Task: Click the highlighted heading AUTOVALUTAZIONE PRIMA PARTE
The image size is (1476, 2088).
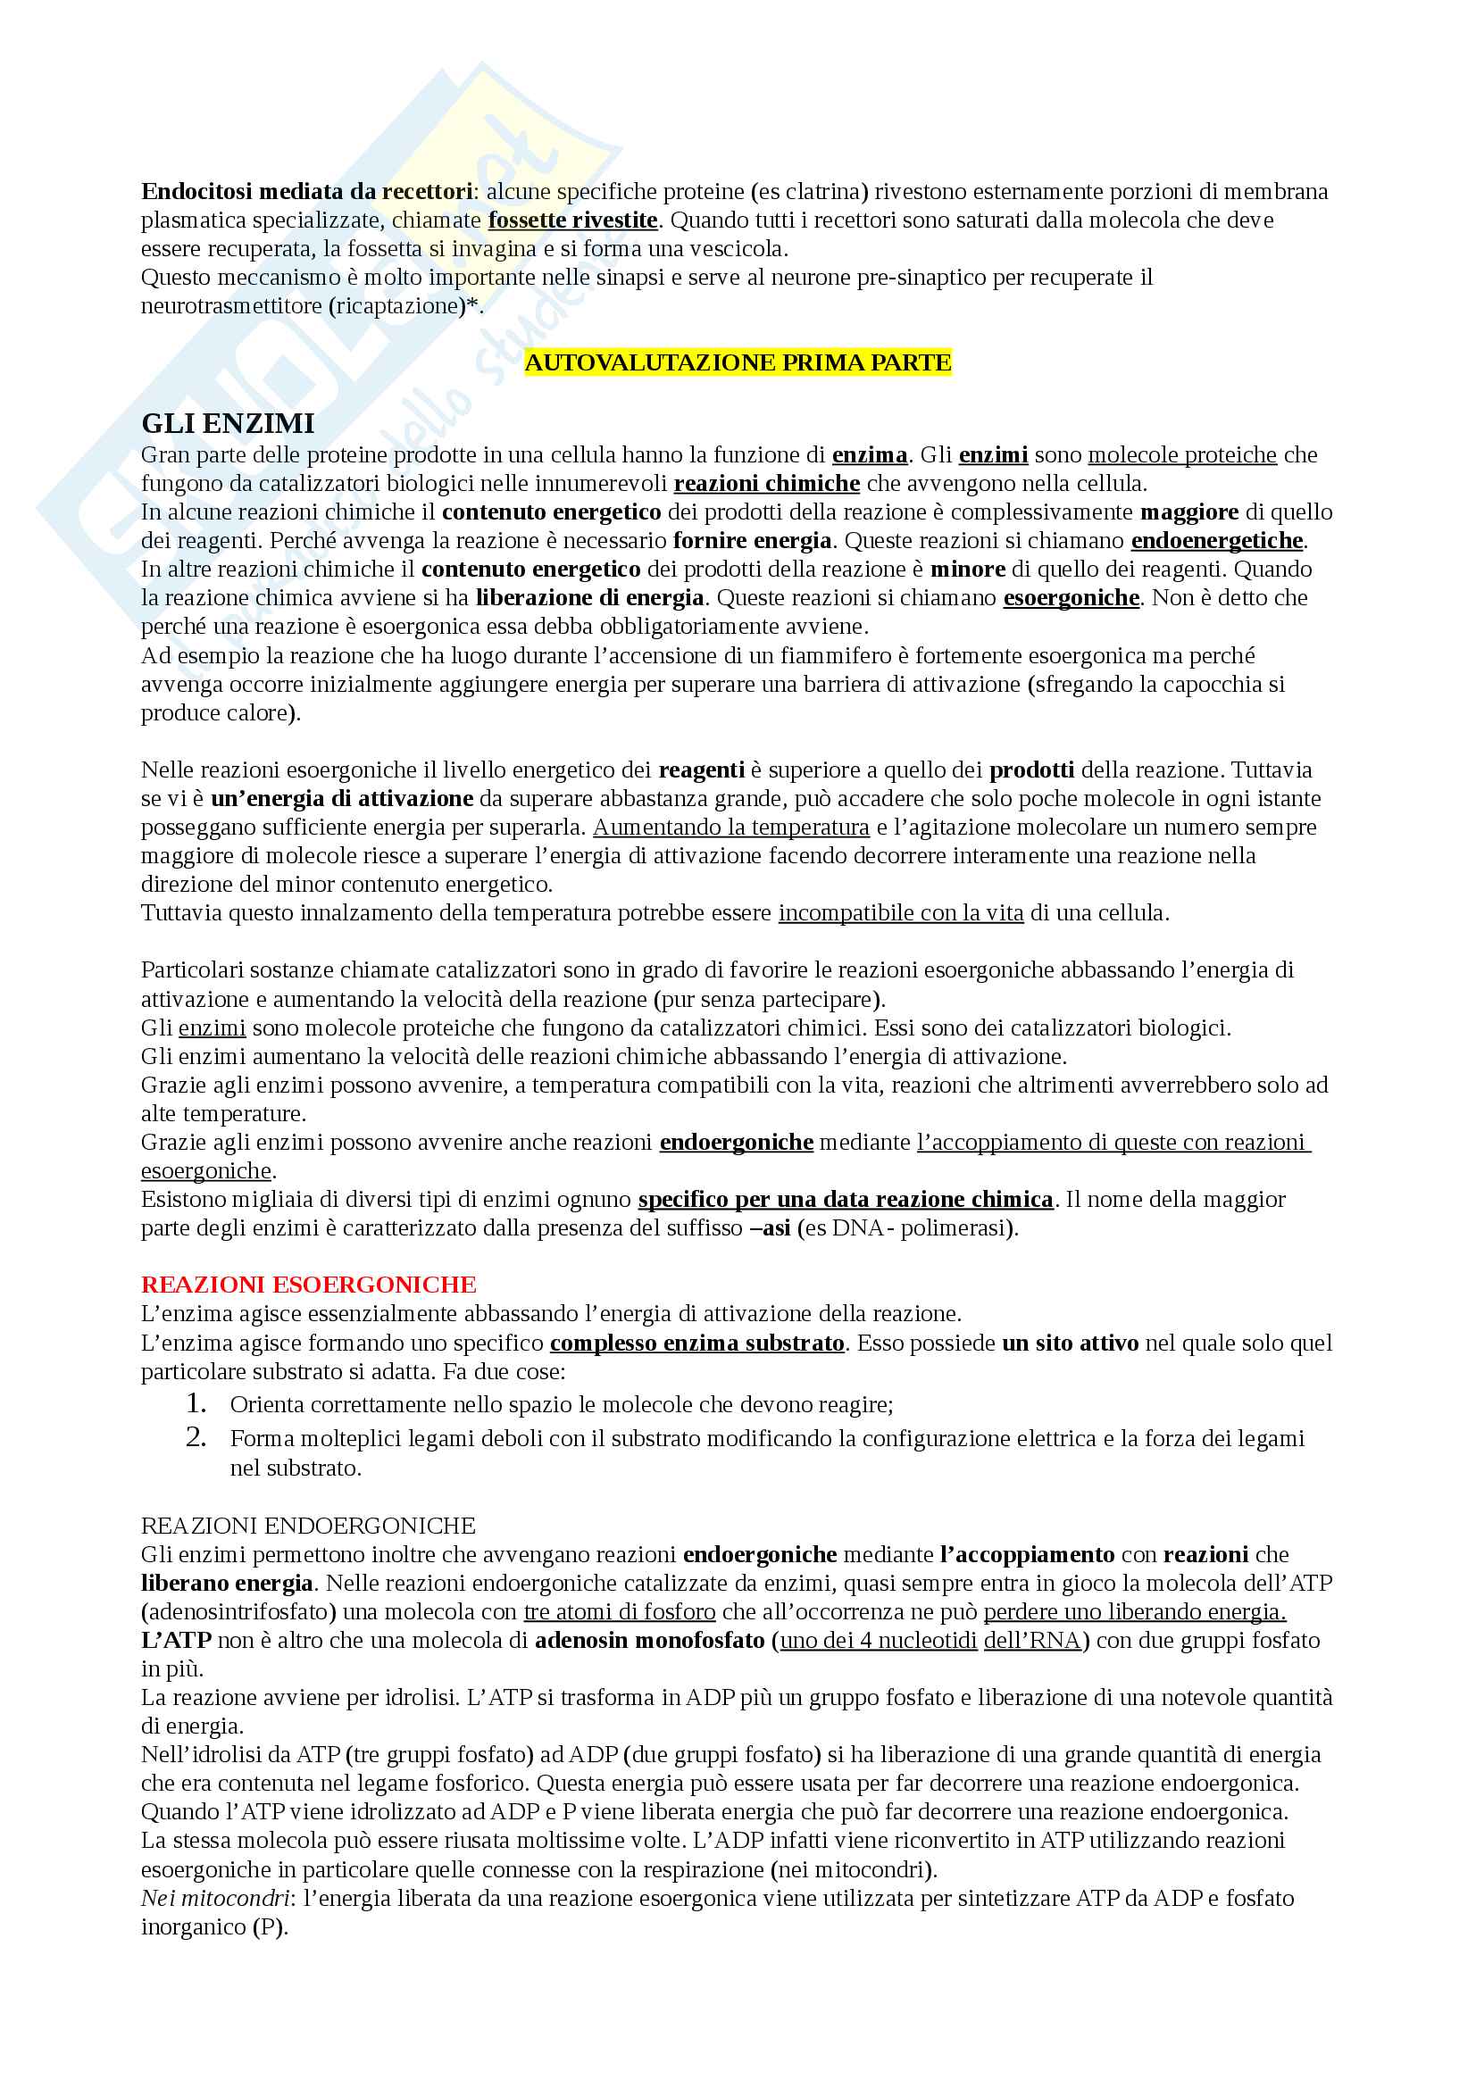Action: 738,362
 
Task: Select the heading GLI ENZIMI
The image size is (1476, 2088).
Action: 228,424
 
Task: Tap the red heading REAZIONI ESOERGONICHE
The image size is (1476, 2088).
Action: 308,1284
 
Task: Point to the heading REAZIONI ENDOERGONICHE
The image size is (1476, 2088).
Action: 308,1525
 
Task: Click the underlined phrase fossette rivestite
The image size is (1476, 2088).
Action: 573,220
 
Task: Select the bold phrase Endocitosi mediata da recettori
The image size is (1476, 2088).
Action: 306,192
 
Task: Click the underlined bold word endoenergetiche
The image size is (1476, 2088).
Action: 1217,541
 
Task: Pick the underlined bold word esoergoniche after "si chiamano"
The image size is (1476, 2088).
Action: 1071,597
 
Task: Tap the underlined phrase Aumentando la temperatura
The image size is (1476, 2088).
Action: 731,827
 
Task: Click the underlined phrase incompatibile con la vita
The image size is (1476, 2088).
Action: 900,912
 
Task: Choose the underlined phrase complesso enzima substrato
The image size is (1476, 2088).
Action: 696,1343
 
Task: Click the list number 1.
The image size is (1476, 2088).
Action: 196,1403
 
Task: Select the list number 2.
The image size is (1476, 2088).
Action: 196,1437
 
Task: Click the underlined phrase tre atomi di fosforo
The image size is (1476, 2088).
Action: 620,1611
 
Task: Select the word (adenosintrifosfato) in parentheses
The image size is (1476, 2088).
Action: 239,1611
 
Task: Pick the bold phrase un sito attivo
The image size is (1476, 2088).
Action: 1070,1343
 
